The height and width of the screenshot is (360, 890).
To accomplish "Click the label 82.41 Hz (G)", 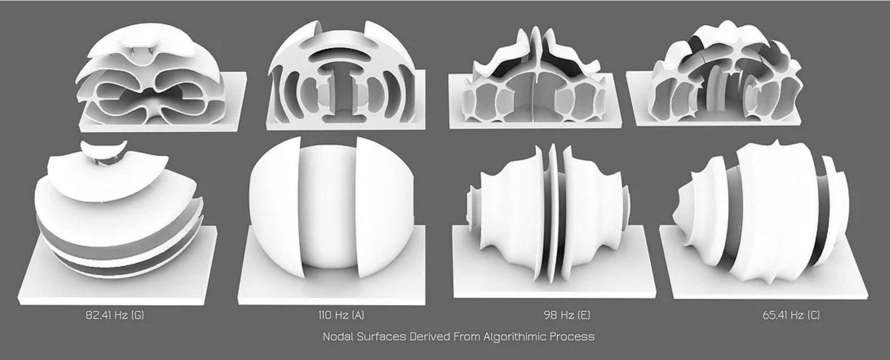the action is click(x=115, y=315).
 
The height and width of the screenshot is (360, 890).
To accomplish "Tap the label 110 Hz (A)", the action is click(x=342, y=315).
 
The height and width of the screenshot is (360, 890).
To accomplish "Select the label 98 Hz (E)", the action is click(x=567, y=315).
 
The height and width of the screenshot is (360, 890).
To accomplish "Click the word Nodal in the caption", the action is click(x=338, y=337).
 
